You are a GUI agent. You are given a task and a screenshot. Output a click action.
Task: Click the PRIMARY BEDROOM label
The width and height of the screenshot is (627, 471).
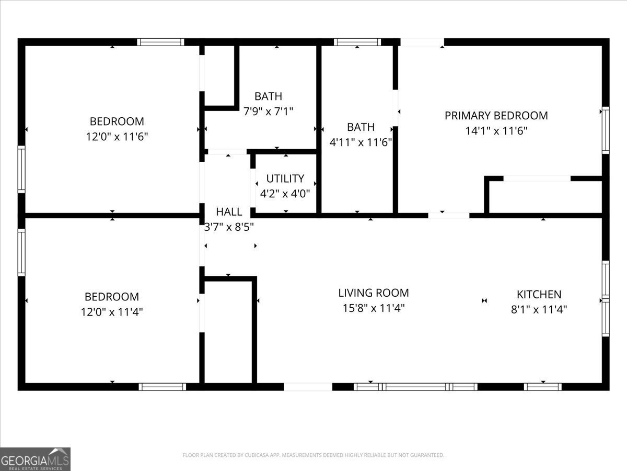pyautogui.click(x=496, y=116)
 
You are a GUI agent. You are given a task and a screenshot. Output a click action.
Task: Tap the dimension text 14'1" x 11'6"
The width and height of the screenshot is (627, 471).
pyautogui.click(x=496, y=131)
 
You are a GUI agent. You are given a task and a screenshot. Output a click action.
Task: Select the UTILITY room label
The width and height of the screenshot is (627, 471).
pyautogui.click(x=285, y=178)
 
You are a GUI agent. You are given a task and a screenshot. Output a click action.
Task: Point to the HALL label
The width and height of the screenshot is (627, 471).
pyautogui.click(x=229, y=211)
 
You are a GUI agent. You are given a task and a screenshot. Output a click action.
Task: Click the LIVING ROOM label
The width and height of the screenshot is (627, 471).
pyautogui.click(x=373, y=293)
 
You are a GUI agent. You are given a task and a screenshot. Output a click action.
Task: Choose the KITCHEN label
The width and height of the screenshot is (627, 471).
pyautogui.click(x=539, y=294)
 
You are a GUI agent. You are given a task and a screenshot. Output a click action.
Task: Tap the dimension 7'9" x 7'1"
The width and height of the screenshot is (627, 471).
pyautogui.click(x=268, y=111)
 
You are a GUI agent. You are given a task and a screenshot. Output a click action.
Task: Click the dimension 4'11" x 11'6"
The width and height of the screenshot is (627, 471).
pyautogui.click(x=361, y=142)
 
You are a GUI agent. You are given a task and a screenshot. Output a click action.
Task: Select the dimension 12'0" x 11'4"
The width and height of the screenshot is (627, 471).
pyautogui.click(x=112, y=312)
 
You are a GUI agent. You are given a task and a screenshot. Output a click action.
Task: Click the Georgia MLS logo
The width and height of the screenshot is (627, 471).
pyautogui.click(x=35, y=459)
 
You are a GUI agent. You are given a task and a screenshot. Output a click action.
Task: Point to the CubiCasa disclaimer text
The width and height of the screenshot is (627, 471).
pyautogui.click(x=313, y=455)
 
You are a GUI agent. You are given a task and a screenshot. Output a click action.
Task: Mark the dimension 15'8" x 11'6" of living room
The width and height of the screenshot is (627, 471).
pyautogui.click(x=373, y=308)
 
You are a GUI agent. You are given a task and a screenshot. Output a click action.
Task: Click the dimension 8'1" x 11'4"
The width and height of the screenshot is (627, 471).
pyautogui.click(x=539, y=309)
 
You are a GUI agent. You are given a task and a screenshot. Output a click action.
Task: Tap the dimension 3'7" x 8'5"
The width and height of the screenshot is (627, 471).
pyautogui.click(x=229, y=227)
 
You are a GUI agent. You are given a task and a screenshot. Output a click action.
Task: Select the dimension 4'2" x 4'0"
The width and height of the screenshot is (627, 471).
pyautogui.click(x=285, y=193)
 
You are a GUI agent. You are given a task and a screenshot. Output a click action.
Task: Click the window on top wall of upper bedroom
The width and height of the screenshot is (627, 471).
pyautogui.click(x=160, y=42)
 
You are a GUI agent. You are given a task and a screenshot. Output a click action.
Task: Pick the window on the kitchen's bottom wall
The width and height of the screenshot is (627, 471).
pyautogui.click(x=542, y=387)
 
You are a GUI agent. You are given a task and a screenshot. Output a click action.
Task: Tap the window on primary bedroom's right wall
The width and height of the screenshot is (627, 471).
pyautogui.click(x=606, y=130)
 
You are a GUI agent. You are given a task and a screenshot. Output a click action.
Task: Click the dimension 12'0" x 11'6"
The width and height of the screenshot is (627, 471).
pyautogui.click(x=117, y=137)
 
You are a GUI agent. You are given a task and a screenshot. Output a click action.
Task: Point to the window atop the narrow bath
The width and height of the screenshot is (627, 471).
pyautogui.click(x=357, y=42)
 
